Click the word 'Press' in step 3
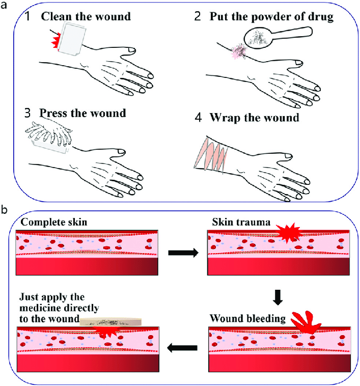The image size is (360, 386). (54, 113)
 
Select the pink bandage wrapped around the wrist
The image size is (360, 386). (210, 153)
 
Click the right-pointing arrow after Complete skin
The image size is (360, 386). (183, 253)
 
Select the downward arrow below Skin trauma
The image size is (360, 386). (278, 297)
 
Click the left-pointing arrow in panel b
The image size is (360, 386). (183, 348)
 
